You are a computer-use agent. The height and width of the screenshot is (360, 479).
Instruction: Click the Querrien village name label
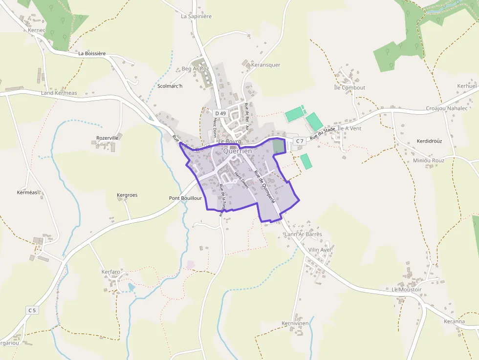coord(237,151)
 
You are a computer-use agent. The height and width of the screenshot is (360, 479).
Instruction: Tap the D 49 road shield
coord(220,113)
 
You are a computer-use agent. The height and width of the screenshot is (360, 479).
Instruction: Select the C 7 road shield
coord(299,141)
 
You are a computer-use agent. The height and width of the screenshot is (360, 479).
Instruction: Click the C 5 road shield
coord(32,310)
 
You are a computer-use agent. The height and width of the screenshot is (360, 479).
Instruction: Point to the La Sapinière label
coord(196,16)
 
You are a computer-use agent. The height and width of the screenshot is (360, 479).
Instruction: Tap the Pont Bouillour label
coord(185,198)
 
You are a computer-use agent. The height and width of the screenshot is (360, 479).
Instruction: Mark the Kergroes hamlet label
coord(127,195)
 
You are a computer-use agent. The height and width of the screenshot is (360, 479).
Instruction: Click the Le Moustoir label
coord(406,290)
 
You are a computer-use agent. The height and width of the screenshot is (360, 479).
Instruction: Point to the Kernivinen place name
coord(295,323)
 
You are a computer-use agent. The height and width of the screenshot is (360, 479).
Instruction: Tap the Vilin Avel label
coord(320,250)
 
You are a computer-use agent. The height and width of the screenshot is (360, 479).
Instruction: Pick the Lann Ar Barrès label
coord(303,234)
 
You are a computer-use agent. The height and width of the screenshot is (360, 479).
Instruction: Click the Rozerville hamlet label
coord(108,138)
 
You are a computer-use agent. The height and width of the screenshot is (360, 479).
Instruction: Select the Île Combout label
coord(349,88)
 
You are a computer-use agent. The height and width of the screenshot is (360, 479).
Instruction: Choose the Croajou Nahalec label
coord(446,108)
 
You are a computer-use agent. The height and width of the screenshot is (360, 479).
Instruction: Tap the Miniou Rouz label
coord(429,160)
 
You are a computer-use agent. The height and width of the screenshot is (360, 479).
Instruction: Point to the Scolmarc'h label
coord(170,86)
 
